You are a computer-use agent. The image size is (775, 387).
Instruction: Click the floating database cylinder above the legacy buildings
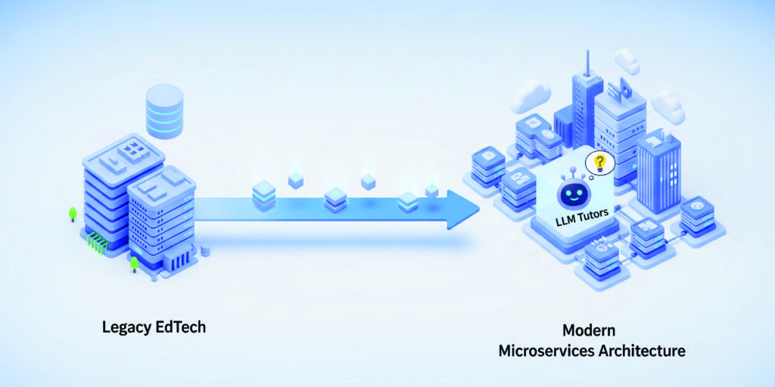[164, 111]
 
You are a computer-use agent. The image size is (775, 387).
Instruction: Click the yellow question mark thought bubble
[600, 161]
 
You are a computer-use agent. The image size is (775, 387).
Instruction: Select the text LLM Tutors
[581, 221]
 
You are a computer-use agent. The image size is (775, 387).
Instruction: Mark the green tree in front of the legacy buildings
[134, 264]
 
